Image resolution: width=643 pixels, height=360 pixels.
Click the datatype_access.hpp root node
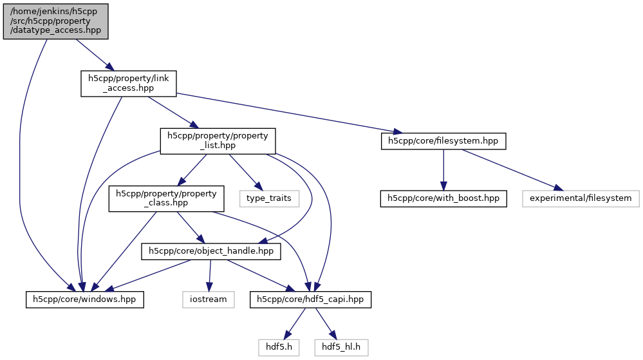coord(56,21)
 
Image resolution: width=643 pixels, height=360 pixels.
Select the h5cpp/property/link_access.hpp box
coord(128,84)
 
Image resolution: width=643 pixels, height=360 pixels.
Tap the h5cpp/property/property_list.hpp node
coord(218,141)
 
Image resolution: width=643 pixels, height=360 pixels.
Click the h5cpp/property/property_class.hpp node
coord(166,198)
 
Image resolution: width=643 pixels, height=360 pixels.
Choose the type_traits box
coord(269,198)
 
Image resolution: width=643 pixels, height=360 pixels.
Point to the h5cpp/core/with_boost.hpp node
coord(443,198)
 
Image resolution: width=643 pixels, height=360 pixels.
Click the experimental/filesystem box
coord(581,198)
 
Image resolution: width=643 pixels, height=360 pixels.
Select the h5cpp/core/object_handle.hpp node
coord(211,251)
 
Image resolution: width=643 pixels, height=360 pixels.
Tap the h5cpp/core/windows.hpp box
coord(84,299)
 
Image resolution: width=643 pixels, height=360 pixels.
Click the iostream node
coord(208,299)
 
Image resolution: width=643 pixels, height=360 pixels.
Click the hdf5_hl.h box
coord(342,347)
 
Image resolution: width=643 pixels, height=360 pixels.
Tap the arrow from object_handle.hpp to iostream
coord(209,275)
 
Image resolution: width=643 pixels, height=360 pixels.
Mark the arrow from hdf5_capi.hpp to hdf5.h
coord(295,323)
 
